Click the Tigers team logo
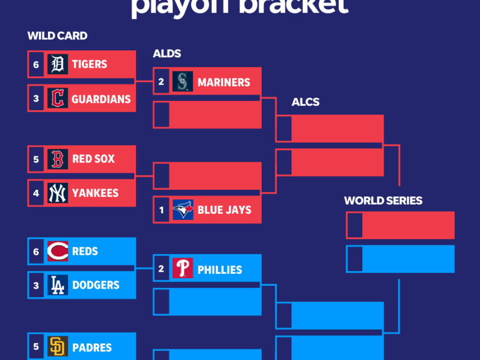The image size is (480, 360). (58, 64)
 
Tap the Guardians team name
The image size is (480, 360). (101, 99)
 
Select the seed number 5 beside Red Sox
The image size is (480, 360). (36, 159)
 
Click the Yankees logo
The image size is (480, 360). (58, 193)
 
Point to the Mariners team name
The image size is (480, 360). (224, 82)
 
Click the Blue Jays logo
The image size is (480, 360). (183, 210)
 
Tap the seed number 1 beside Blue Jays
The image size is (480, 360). (161, 210)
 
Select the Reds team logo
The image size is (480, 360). (58, 251)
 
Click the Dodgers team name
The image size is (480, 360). (96, 285)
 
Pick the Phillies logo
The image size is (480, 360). (183, 269)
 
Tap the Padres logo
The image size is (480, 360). (58, 347)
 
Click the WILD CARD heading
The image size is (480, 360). (57, 36)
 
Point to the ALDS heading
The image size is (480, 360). (167, 53)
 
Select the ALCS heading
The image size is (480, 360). (305, 102)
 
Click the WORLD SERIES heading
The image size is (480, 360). (383, 201)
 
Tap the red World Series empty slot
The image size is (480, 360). (407, 225)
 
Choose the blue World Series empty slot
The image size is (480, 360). (407, 259)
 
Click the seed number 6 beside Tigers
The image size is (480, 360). (36, 64)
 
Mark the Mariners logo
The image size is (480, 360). (183, 82)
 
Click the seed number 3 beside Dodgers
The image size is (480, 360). (36, 285)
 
